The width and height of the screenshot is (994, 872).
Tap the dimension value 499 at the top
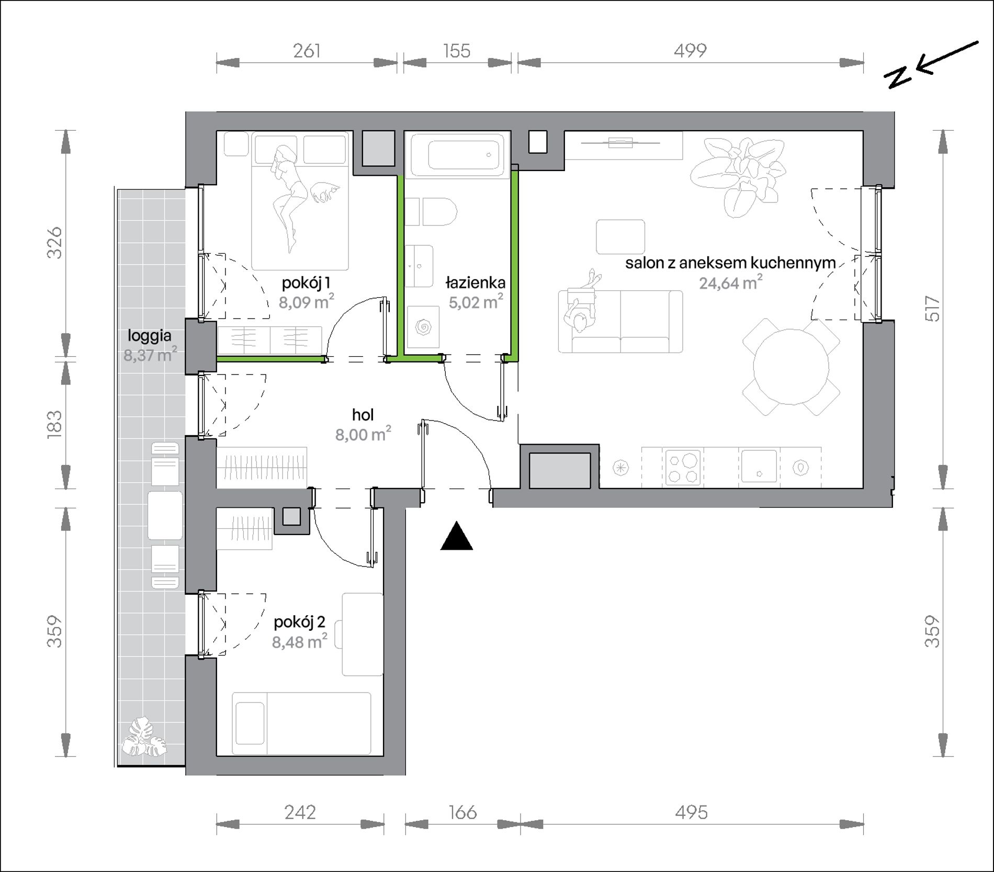click(690, 51)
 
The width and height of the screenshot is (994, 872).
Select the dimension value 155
click(457, 51)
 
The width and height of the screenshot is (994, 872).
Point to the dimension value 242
click(300, 812)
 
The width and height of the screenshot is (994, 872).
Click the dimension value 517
click(933, 309)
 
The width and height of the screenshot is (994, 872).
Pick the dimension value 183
click(54, 424)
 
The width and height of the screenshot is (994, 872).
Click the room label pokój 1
click(306, 283)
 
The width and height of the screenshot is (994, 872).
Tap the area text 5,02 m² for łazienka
click(476, 302)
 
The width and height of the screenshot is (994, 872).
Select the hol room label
click(363, 415)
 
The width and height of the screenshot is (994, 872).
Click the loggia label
click(150, 336)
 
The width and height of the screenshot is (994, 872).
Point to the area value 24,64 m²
click(731, 282)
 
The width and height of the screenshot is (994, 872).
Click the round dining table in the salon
click(791, 366)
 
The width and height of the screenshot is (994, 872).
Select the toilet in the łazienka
click(431, 212)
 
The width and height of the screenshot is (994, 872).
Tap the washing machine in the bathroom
click(423, 327)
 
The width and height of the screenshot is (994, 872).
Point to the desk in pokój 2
click(363, 635)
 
